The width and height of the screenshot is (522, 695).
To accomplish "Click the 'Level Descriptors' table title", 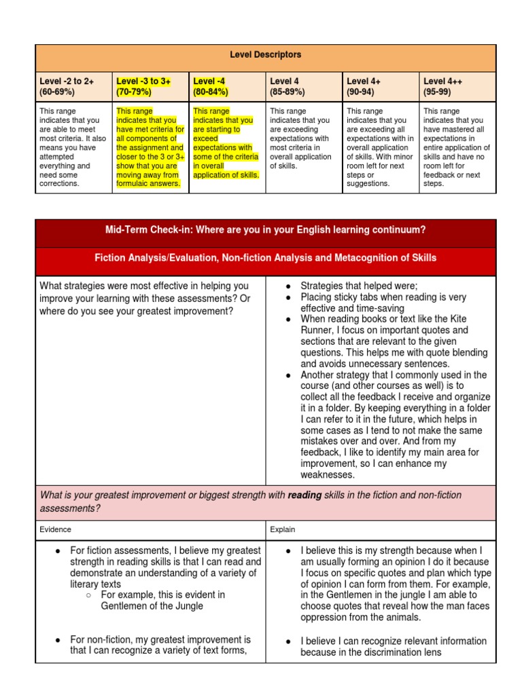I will pyautogui.click(x=266, y=54).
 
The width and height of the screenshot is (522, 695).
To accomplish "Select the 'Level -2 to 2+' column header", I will pyautogui.click(x=67, y=81).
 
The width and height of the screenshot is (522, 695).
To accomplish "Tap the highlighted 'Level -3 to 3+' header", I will pyautogui.click(x=143, y=81).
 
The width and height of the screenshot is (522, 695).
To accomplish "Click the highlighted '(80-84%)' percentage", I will pyautogui.click(x=211, y=92).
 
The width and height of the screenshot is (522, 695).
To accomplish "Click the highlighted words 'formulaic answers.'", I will pyautogui.click(x=148, y=183).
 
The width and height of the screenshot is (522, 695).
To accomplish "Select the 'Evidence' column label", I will pyautogui.click(x=55, y=529).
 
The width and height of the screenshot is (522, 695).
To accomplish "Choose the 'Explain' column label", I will pyautogui.click(x=282, y=529).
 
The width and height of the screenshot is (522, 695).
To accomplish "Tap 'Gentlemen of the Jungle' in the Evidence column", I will pyautogui.click(x=152, y=605).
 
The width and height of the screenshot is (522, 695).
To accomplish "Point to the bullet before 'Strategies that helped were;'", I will pyautogui.click(x=288, y=286).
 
